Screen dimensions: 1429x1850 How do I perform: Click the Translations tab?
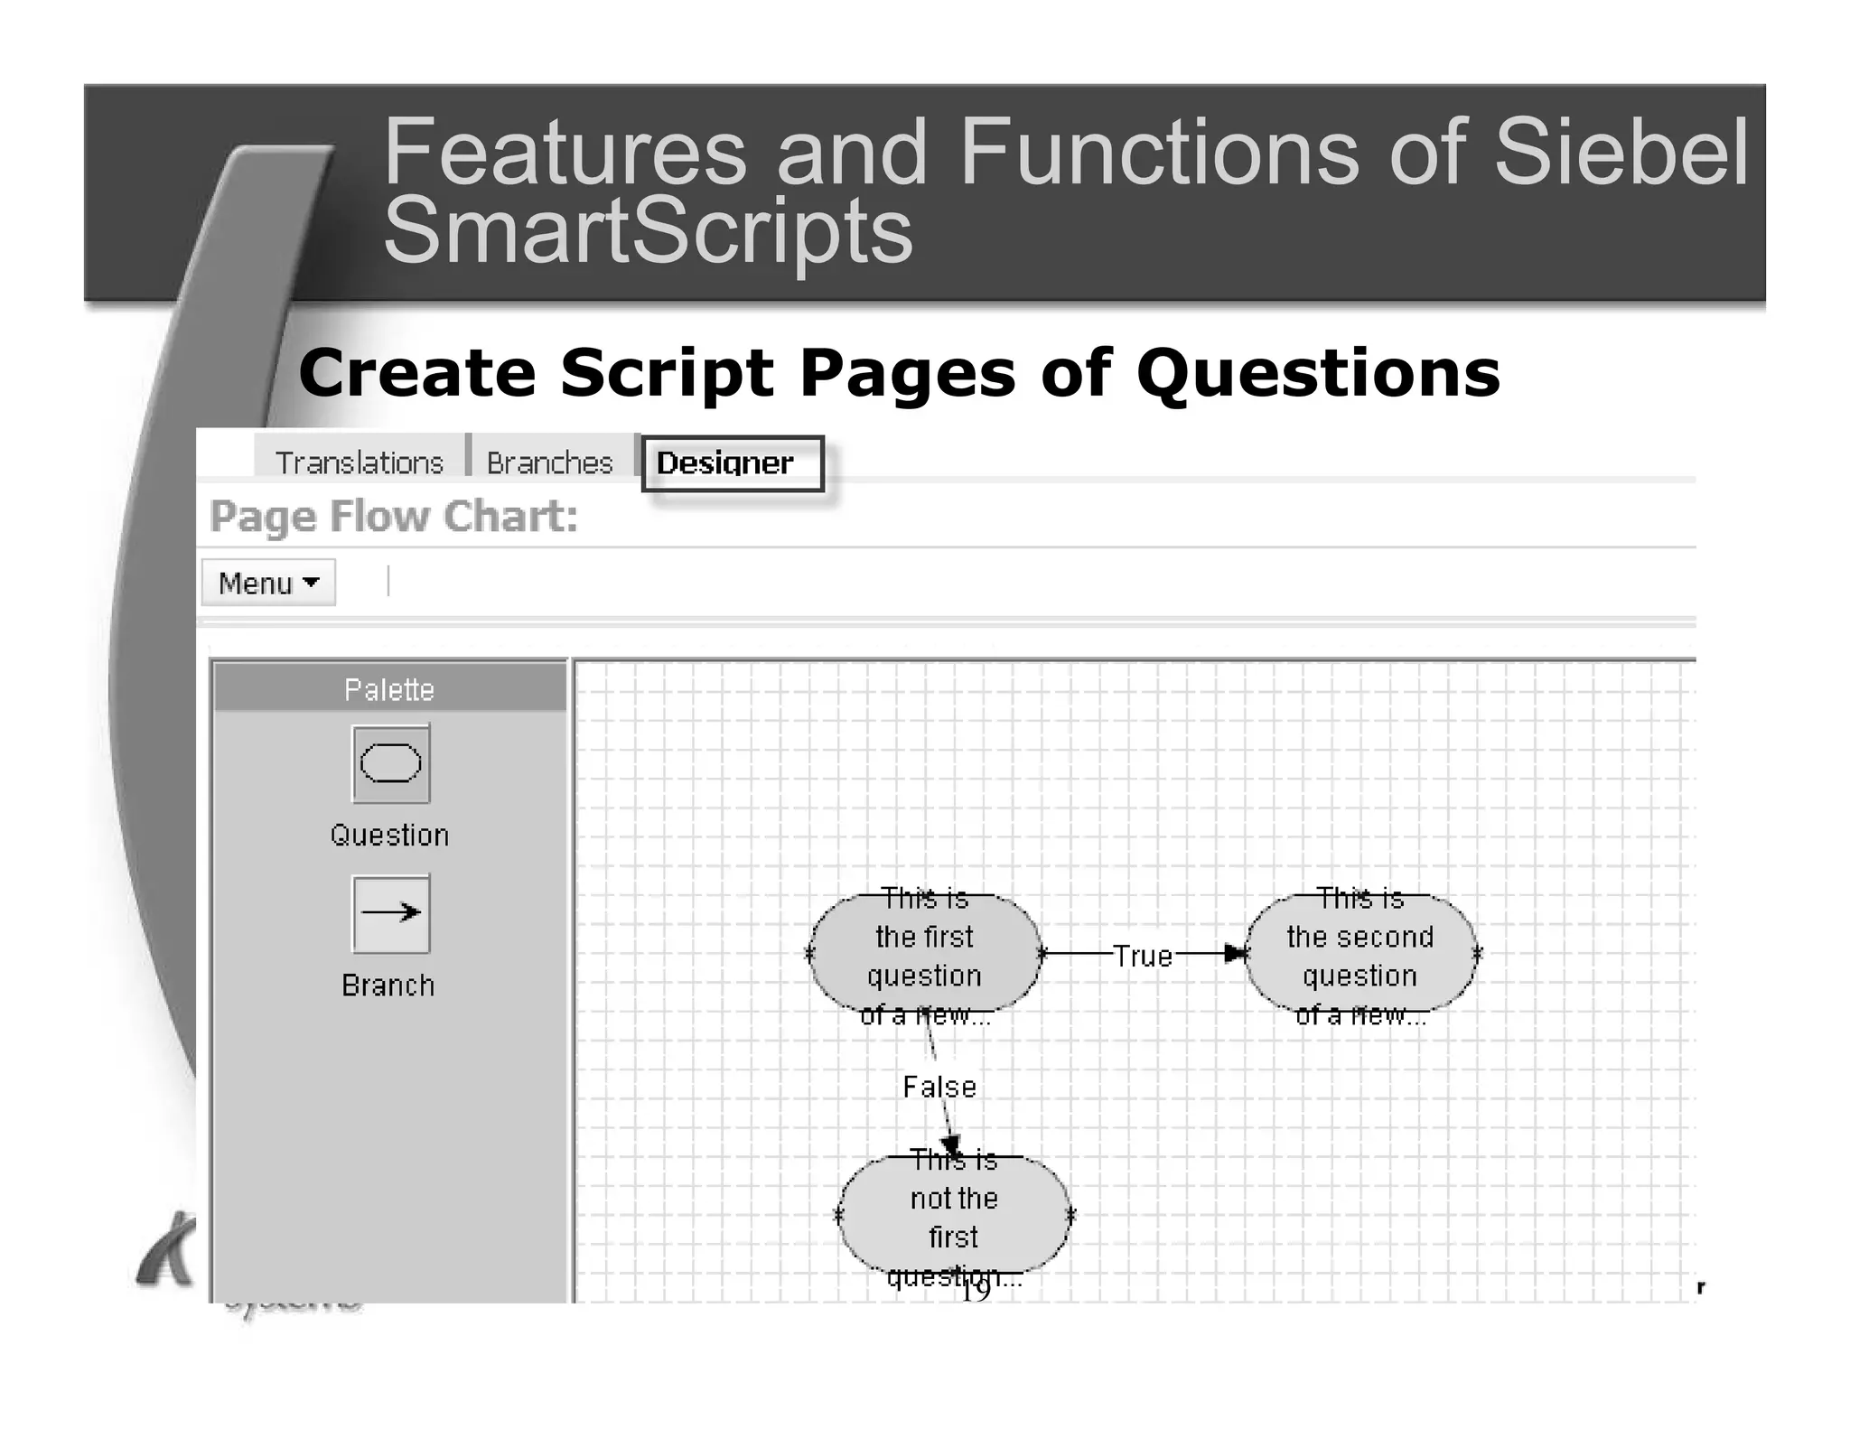[x=359, y=462]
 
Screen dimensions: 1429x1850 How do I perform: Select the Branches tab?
[x=549, y=462]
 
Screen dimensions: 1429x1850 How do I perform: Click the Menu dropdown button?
[x=268, y=583]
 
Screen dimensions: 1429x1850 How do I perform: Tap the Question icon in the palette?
[x=390, y=763]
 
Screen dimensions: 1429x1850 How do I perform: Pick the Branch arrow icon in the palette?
[x=390, y=913]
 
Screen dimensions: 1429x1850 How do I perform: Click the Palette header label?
[x=389, y=689]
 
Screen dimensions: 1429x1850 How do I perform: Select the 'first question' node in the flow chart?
[x=924, y=956]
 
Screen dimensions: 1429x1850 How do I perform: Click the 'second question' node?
[x=1359, y=956]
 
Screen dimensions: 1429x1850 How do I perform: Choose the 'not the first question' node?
[x=953, y=1217]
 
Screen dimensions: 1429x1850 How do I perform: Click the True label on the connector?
[x=1143, y=956]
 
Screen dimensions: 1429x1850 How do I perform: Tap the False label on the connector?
[x=939, y=1087]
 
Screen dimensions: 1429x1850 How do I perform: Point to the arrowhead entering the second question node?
[x=1235, y=953]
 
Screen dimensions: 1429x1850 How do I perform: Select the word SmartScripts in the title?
[x=648, y=230]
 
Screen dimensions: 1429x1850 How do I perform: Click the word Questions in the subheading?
[x=1318, y=373]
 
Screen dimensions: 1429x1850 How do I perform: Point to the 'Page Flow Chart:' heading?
[x=394, y=517]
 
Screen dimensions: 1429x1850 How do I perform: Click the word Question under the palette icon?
[x=389, y=835]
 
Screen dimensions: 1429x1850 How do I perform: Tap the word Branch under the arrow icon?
[x=388, y=985]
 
